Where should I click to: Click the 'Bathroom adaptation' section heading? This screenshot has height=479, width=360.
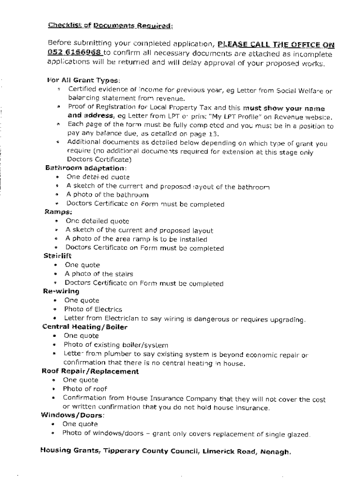coord(86,168)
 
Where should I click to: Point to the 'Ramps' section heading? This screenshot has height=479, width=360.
coord(56,212)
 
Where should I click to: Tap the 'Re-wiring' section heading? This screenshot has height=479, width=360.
coord(61,291)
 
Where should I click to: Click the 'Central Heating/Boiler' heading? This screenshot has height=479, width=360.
coord(78,327)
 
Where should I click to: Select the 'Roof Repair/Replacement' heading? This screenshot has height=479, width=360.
coord(90,371)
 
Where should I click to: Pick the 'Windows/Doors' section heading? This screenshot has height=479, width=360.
coord(72,415)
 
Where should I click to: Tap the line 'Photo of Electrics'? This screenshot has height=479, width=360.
coord(93,309)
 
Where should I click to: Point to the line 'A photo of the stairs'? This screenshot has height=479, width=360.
coord(99,274)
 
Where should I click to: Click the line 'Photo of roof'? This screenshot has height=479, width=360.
coord(85,389)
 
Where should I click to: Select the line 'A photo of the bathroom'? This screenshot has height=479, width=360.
coord(108,195)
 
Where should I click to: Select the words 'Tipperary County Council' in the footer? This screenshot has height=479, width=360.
coord(151,452)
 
